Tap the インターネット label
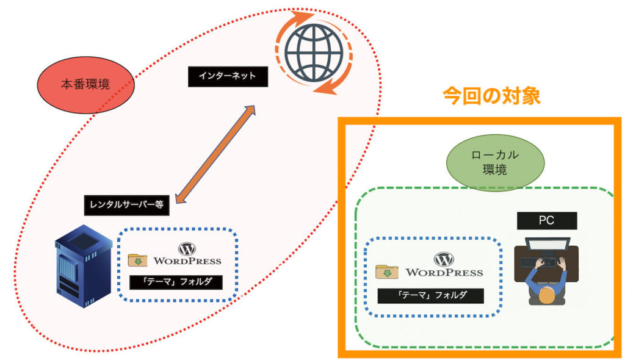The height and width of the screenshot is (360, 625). point(219,76)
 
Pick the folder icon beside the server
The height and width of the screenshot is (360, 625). point(137,261)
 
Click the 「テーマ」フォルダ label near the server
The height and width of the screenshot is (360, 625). point(176,282)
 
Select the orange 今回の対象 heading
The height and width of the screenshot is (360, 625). point(491,96)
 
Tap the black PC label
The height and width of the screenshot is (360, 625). point(546,220)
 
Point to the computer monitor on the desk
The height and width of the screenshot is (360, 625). point(547,247)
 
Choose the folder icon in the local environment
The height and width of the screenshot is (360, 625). point(386,272)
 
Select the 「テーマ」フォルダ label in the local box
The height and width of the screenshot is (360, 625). point(431,295)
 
